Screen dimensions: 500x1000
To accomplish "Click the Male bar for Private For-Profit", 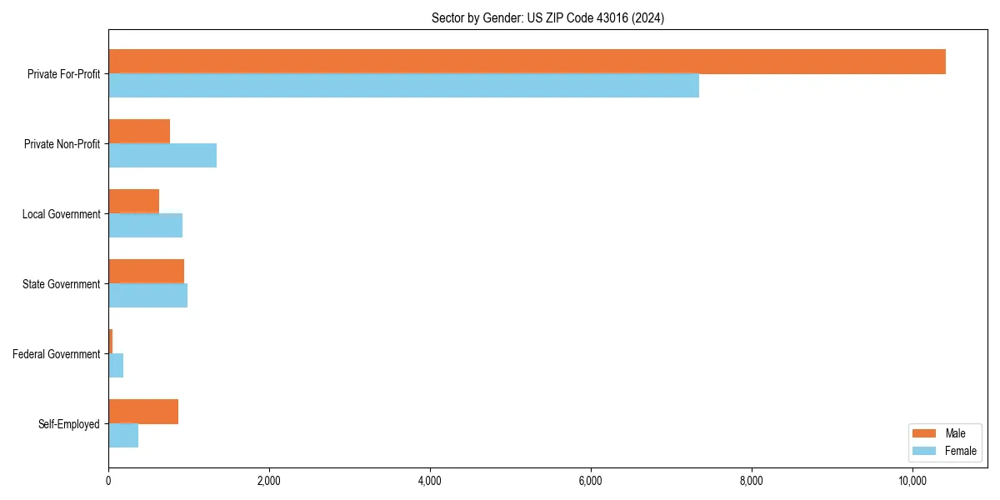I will (x=527, y=62).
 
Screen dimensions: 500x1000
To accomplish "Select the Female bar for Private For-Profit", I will (x=403, y=86).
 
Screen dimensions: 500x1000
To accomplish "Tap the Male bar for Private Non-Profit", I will (x=139, y=132).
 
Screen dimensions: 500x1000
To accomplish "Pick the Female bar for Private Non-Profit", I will (x=162, y=156).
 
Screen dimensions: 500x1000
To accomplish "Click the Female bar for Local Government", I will (x=145, y=226).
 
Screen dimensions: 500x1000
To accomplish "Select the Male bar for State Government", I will (x=146, y=272).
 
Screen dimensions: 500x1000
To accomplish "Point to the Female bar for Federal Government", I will (x=116, y=366).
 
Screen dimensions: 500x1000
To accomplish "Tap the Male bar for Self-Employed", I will (x=143, y=412).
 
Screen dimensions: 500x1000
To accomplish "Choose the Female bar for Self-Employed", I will (x=123, y=436).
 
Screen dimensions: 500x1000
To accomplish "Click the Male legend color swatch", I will (x=926, y=433).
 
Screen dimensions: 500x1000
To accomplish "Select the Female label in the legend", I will (x=960, y=451).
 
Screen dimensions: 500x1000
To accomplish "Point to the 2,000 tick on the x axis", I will (x=269, y=482).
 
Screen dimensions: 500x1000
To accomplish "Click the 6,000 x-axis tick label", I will (x=590, y=482).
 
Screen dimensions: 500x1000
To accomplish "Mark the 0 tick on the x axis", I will (x=108, y=482).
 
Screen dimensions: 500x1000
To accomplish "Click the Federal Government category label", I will (x=56, y=354).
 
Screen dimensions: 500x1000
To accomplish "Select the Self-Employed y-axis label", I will (x=68, y=424).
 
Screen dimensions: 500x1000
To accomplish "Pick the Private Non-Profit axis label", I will (x=62, y=144).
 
